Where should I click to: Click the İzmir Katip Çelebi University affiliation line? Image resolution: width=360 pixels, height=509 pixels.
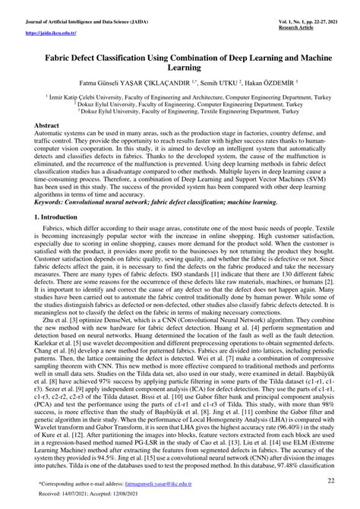point(180,97)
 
